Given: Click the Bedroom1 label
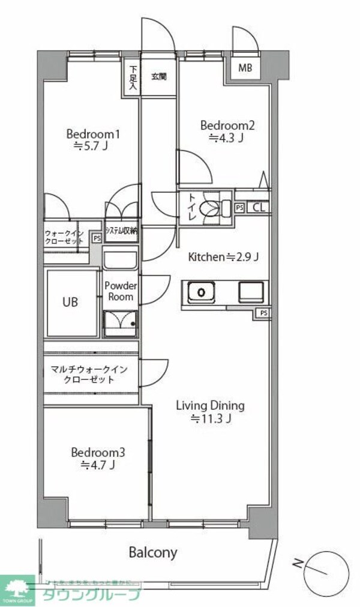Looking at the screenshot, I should point(93,139).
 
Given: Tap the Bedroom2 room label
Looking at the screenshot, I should point(227,131).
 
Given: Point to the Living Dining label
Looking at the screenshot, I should point(210,412).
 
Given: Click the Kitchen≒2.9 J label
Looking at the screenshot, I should point(224,257).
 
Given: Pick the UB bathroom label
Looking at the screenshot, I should point(70,302).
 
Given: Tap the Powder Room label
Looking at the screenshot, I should point(121,291).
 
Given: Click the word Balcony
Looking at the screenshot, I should point(154,552).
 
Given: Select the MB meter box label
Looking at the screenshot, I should point(245,68).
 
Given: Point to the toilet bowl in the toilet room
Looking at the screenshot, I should point(212,208).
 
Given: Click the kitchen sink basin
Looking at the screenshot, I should point(202,292).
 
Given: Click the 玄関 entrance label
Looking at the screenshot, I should point(158,76).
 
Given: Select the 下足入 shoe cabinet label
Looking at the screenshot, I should point(132,77).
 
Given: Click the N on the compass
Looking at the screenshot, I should point(297,563).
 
